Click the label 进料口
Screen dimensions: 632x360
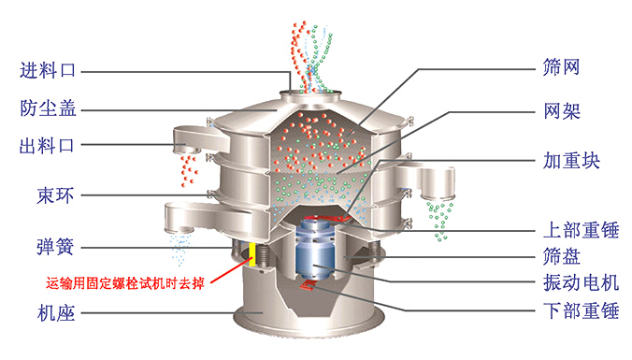pyautogui.click(x=48, y=70)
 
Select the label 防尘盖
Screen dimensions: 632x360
pyautogui.click(x=49, y=108)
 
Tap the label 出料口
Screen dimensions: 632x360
pyautogui.click(x=47, y=145)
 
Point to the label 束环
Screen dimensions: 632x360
pyautogui.click(x=55, y=195)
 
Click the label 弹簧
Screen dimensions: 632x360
pyautogui.click(x=55, y=247)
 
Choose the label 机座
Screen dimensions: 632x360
pyautogui.click(x=56, y=312)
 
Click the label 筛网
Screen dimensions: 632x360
pyautogui.click(x=562, y=67)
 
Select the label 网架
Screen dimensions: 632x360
pyautogui.click(x=562, y=110)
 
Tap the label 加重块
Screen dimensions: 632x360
pyautogui.click(x=571, y=160)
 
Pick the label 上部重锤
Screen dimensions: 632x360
pyautogui.click(x=581, y=230)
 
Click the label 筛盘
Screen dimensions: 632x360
pyautogui.click(x=562, y=255)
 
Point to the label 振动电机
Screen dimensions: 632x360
pyautogui.click(x=581, y=282)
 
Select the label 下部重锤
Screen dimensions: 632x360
pyautogui.click(x=581, y=310)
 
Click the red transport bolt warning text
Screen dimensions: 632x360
pyautogui.click(x=125, y=283)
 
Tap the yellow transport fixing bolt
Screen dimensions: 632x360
pyautogui.click(x=252, y=254)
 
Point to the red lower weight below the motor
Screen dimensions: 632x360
pyautogui.click(x=309, y=285)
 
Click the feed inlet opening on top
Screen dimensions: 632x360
pyautogui.click(x=310, y=94)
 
